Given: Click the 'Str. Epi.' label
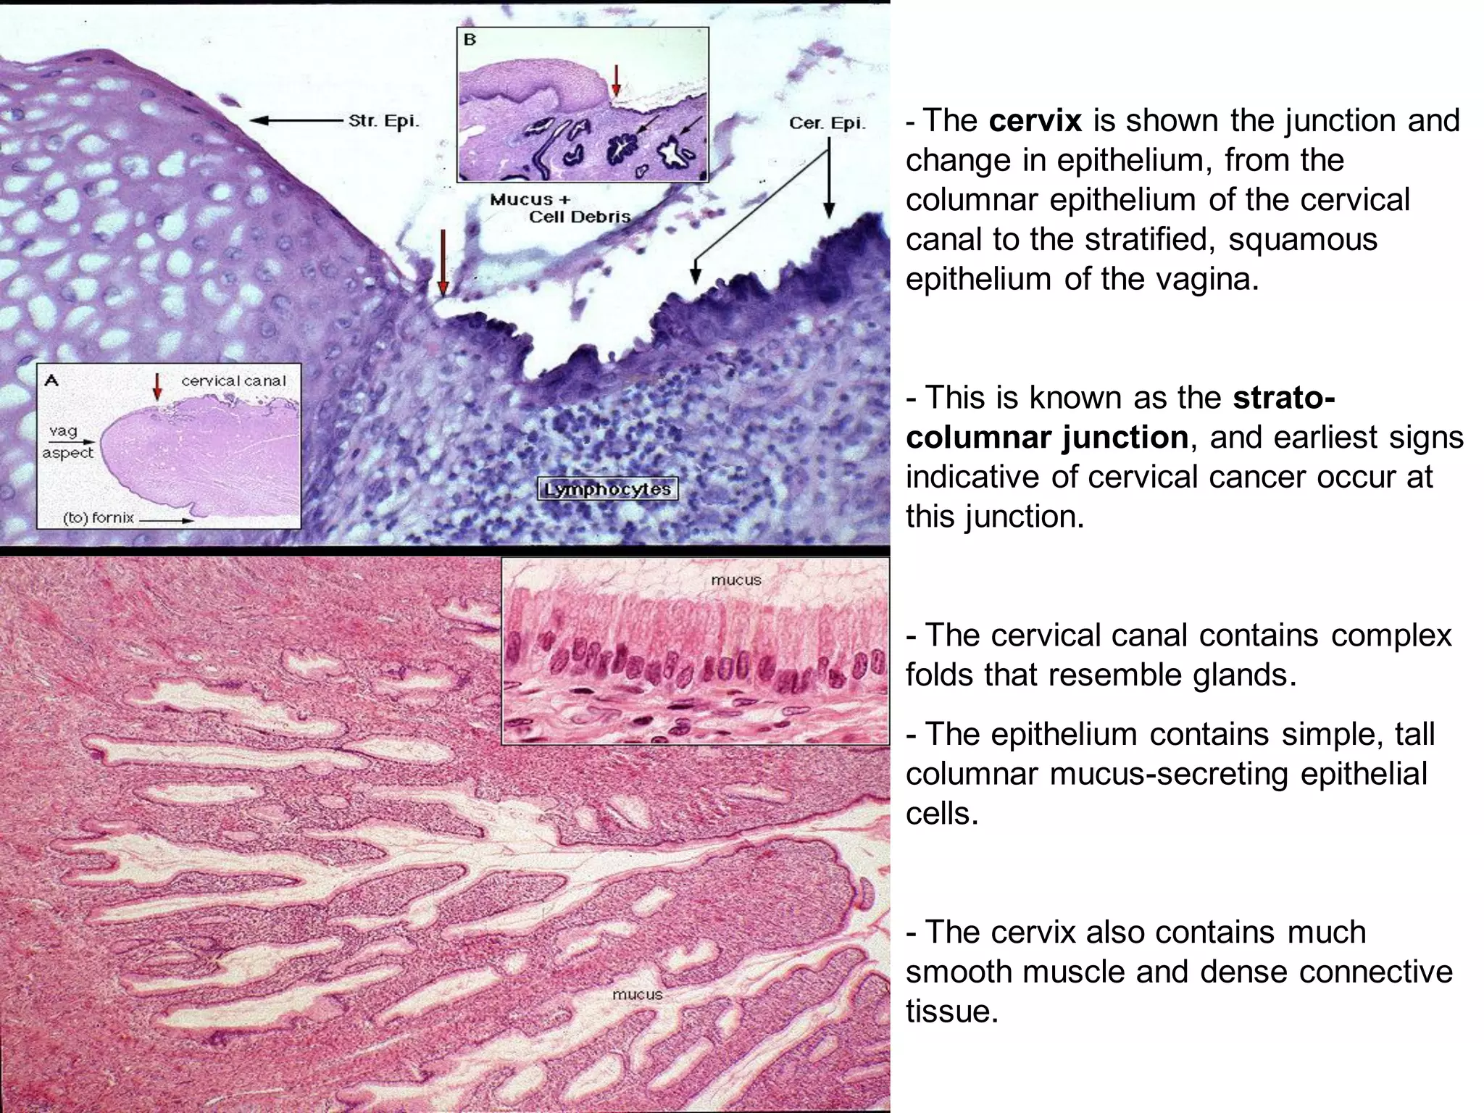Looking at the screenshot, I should [x=383, y=120].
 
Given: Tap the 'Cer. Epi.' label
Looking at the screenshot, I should [x=827, y=123].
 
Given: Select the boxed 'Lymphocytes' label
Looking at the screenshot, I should [x=607, y=489].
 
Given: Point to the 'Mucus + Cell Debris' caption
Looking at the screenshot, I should [x=559, y=208].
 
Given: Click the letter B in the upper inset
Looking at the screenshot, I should [x=470, y=40].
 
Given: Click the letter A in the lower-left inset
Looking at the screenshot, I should [x=52, y=379].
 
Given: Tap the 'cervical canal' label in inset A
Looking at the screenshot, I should [x=233, y=380].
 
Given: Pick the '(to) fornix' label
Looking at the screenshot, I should [x=98, y=519].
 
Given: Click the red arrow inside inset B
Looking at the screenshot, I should [x=616, y=80].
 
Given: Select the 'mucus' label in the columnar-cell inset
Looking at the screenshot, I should [x=735, y=580].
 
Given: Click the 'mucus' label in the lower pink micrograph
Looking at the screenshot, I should [x=637, y=994].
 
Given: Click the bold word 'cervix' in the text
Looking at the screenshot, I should [x=1035, y=120].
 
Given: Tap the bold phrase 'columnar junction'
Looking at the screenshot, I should [x=1047, y=437].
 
